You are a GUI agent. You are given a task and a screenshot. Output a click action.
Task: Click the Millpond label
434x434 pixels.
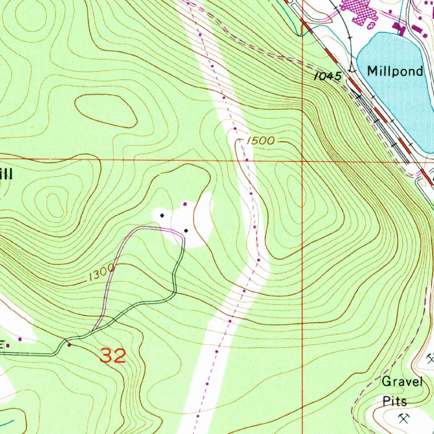395,71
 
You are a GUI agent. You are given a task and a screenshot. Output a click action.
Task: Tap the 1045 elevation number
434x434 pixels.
328,77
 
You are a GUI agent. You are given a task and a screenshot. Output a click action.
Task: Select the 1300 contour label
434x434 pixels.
102,273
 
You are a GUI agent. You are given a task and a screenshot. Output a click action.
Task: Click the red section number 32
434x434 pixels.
113,356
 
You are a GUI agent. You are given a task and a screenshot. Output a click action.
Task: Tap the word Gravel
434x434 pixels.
402,382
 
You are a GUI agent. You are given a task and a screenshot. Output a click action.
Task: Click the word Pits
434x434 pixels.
395,401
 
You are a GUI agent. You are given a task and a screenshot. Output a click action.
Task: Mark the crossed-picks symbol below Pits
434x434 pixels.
404,419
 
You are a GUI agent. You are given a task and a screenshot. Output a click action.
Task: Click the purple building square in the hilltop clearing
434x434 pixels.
184,204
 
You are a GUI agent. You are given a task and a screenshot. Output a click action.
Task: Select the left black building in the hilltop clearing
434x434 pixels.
162,216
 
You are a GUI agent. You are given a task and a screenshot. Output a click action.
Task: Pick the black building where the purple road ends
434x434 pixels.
186,231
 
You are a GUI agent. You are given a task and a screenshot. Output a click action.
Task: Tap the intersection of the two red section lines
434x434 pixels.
302,161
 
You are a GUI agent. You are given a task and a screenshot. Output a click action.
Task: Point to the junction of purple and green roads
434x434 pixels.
92,330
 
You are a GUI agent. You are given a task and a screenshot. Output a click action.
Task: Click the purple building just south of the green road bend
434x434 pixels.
70,345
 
